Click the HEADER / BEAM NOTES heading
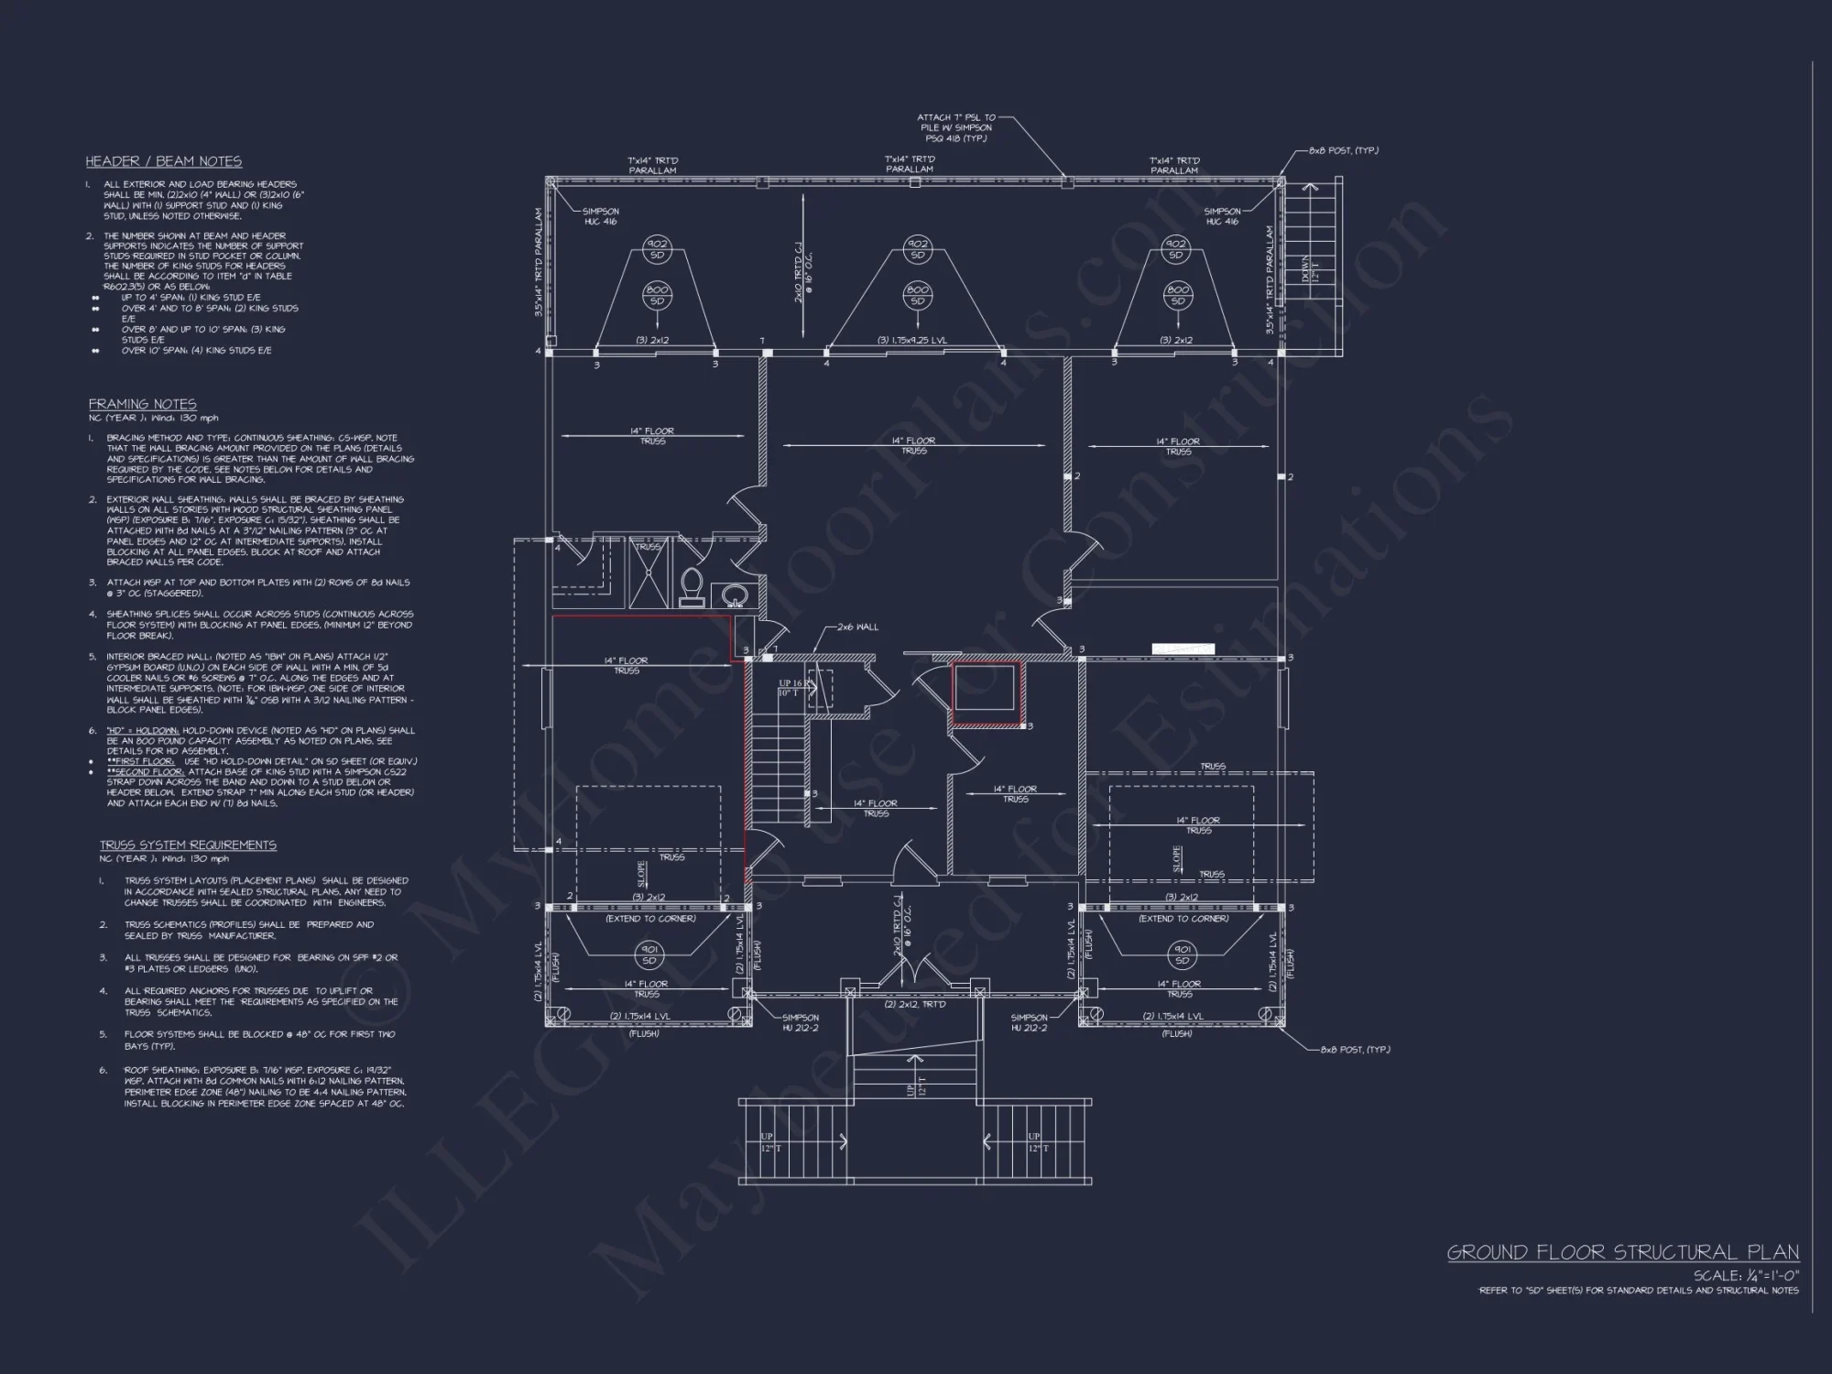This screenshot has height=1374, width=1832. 164,161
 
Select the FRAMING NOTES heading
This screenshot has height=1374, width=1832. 142,404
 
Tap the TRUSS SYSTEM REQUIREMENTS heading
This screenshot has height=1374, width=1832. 188,845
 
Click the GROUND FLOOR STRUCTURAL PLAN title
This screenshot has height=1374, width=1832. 1622,1252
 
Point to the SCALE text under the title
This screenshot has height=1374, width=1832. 1745,1275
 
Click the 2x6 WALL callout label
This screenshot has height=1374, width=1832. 857,627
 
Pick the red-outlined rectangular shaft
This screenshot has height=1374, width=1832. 987,694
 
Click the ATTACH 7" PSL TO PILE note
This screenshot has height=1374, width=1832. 956,127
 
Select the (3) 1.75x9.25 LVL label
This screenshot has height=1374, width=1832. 912,341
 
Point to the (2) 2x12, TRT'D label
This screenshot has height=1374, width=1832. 915,1004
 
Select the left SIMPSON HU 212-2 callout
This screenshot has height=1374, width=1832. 800,1022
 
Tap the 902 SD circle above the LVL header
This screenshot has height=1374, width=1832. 917,249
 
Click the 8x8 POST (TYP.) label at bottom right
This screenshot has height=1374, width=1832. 1354,1050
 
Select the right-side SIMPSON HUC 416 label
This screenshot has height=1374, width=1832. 1221,216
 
